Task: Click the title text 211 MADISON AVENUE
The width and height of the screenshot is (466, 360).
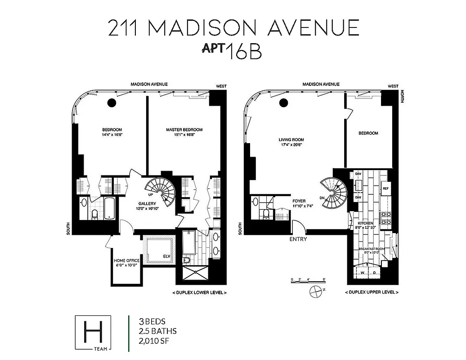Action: [233, 28]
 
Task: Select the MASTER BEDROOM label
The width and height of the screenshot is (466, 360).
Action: [181, 132]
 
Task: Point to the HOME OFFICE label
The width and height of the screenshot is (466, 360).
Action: [126, 263]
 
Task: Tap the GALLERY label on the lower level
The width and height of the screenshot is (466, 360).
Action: [147, 206]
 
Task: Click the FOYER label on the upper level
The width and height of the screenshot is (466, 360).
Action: [299, 203]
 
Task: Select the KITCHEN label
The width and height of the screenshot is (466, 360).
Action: [366, 225]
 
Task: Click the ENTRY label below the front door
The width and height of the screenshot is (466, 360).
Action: [298, 239]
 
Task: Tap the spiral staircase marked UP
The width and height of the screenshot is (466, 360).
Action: [160, 190]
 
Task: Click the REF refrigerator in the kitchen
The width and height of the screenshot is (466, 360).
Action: [385, 188]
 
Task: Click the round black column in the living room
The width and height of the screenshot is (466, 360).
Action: [283, 103]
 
